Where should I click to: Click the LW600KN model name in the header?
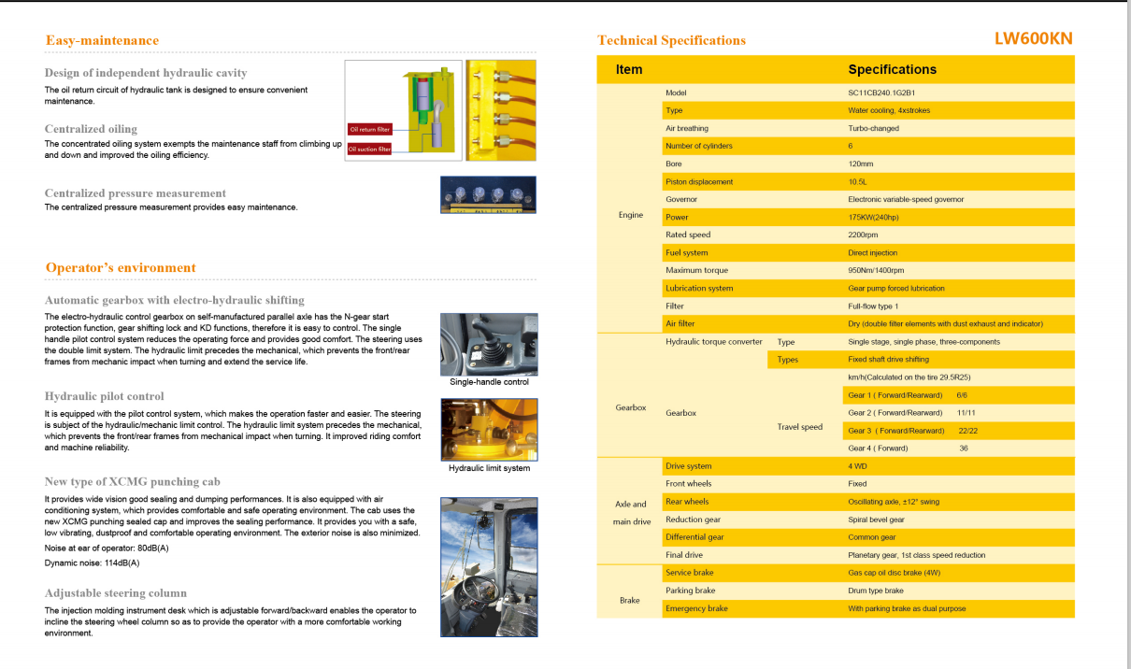pos(1034,38)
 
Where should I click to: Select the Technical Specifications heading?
pos(671,40)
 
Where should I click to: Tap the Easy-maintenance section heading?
pos(102,40)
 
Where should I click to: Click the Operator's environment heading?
pos(121,267)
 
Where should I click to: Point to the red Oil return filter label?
pos(369,130)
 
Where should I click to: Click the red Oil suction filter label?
pos(369,149)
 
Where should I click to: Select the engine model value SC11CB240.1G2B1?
pos(880,93)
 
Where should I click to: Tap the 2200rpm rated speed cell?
pos(863,235)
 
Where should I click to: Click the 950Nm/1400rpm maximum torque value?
pos(876,270)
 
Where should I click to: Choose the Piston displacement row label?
pos(699,181)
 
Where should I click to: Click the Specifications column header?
pos(892,69)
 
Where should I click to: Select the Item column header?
pos(629,69)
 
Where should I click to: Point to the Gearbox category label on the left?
pos(631,407)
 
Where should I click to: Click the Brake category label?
pos(630,600)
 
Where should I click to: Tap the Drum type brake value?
pos(876,591)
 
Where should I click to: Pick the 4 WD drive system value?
pos(858,466)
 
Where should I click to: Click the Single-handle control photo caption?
pos(489,382)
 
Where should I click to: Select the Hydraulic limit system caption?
pos(489,468)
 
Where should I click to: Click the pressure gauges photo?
pos(488,194)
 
